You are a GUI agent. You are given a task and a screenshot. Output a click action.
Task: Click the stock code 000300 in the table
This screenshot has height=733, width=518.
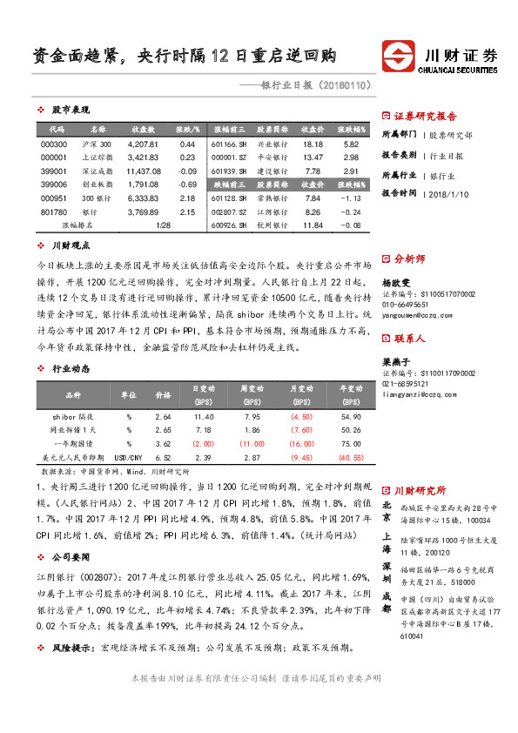(x=54, y=144)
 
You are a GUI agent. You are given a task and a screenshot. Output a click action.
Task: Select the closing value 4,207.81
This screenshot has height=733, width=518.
(x=141, y=144)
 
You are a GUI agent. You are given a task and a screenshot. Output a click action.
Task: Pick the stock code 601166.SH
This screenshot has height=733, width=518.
(x=230, y=144)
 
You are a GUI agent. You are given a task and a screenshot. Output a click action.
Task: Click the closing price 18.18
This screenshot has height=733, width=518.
(x=313, y=144)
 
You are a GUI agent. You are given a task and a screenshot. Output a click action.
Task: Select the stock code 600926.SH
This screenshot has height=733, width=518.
(x=230, y=225)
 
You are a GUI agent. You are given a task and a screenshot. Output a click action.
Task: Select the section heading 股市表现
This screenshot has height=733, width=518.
(x=71, y=111)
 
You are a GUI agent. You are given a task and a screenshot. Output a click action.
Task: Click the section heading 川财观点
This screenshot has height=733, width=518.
(x=71, y=245)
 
